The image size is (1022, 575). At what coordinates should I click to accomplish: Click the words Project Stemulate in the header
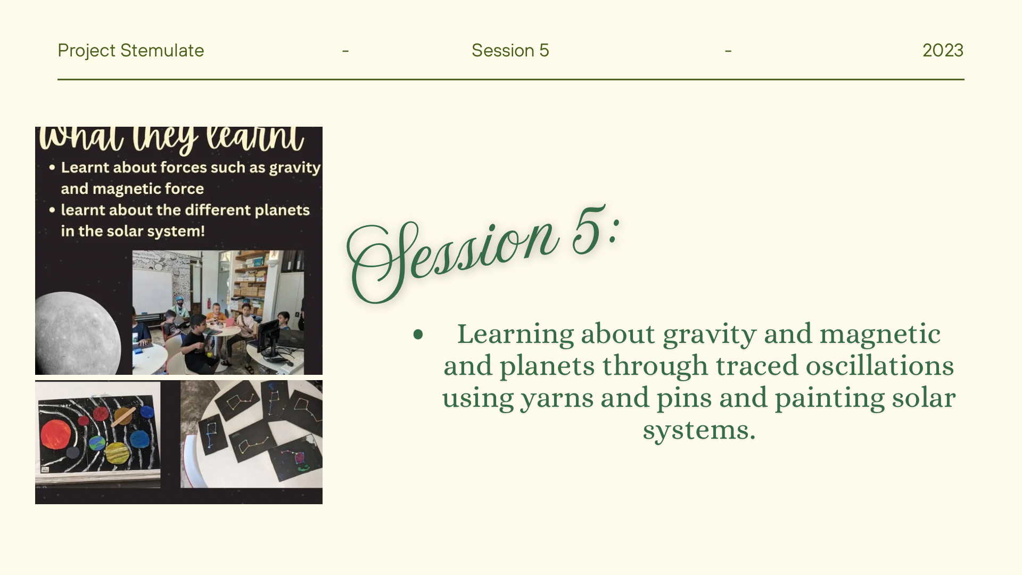click(x=130, y=51)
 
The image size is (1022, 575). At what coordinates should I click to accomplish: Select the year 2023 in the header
click(x=943, y=51)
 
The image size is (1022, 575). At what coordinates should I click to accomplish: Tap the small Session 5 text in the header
click(x=510, y=51)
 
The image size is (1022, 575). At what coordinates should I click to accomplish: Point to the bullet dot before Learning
click(x=418, y=334)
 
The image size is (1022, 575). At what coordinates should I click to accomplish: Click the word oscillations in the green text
click(x=879, y=366)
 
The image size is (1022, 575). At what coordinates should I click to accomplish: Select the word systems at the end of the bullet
click(x=699, y=430)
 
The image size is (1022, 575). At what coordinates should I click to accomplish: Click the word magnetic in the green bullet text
click(x=879, y=334)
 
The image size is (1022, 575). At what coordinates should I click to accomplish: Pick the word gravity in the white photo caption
click(x=294, y=168)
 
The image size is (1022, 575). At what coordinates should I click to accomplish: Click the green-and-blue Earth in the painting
click(x=97, y=443)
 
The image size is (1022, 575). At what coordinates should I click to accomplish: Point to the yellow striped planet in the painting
click(x=117, y=454)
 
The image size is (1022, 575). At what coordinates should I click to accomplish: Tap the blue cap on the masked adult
click(x=180, y=299)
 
